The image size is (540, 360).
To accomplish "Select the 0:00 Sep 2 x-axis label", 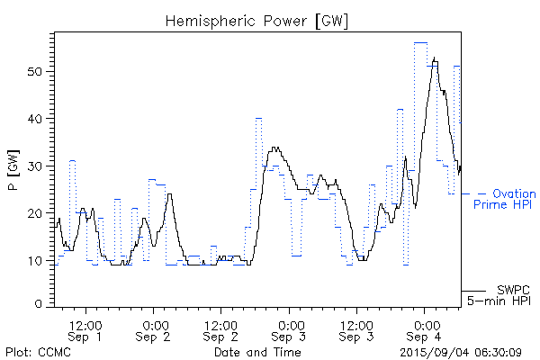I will [x=154, y=330].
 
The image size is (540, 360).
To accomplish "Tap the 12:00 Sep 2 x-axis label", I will [x=221, y=330].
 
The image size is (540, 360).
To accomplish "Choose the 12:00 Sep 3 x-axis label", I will [x=357, y=330].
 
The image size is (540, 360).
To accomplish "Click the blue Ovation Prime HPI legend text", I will [x=504, y=199].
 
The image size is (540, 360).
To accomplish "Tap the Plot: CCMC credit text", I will [x=38, y=352].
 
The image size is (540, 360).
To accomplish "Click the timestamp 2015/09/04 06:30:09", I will [x=461, y=352].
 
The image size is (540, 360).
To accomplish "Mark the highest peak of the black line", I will [x=435, y=59].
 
